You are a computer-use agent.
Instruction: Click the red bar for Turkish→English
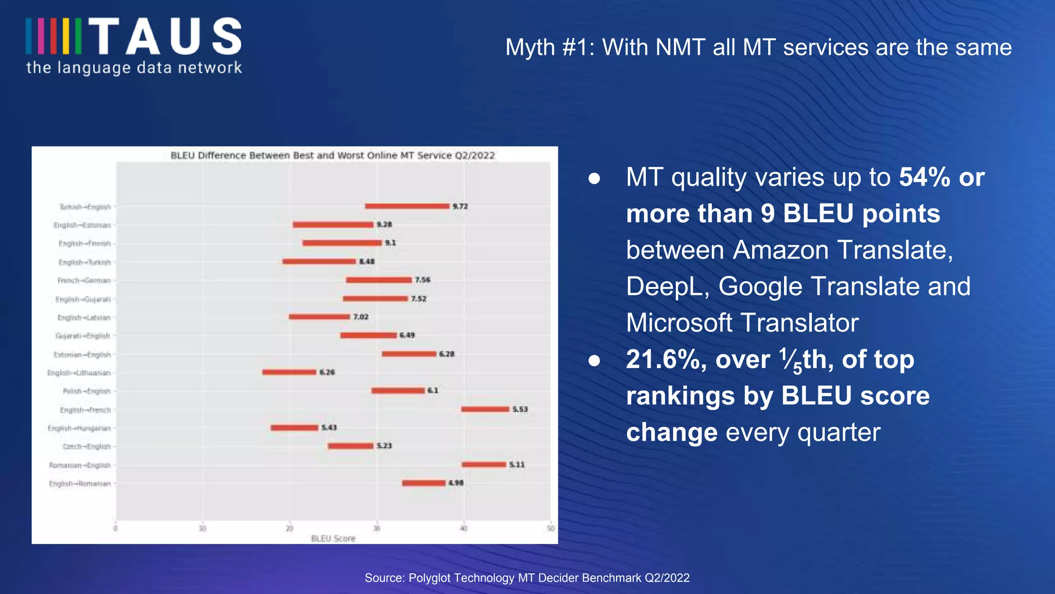(x=407, y=206)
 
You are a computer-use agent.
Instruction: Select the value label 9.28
(x=384, y=224)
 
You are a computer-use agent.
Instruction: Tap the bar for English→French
(x=485, y=409)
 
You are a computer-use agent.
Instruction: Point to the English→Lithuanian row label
(x=79, y=373)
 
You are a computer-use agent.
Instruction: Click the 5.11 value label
(x=517, y=465)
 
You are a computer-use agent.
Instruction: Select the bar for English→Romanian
(x=423, y=483)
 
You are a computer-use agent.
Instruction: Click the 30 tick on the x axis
(x=377, y=528)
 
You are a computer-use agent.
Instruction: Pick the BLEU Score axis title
(x=333, y=538)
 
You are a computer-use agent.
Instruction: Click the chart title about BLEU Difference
(x=332, y=155)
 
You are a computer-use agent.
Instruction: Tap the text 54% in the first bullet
(x=924, y=177)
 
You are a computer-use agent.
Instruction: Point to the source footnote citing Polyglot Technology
(x=527, y=577)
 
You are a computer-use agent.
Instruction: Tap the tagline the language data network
(x=134, y=68)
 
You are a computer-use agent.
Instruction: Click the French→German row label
(x=84, y=280)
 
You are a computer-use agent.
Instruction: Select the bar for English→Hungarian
(x=294, y=427)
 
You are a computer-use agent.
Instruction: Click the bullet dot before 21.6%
(x=594, y=360)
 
